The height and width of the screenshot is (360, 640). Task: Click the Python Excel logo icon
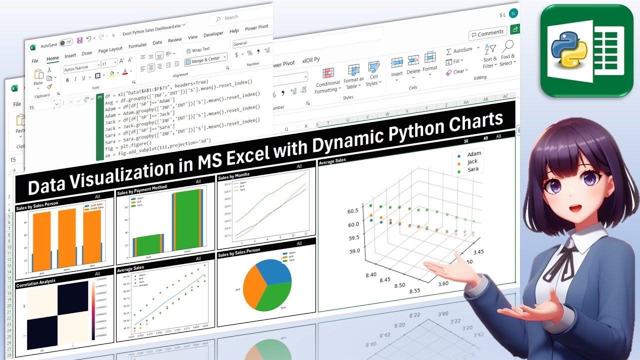coord(586,50)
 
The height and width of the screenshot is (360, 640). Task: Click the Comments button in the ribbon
coord(487,33)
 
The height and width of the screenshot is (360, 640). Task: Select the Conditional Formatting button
coord(328,79)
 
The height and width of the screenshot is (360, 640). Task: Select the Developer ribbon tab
coord(213,34)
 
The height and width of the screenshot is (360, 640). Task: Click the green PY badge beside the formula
coord(100,96)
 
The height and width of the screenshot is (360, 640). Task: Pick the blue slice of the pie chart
coord(275,271)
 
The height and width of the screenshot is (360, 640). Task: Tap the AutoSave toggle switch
coord(66,43)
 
